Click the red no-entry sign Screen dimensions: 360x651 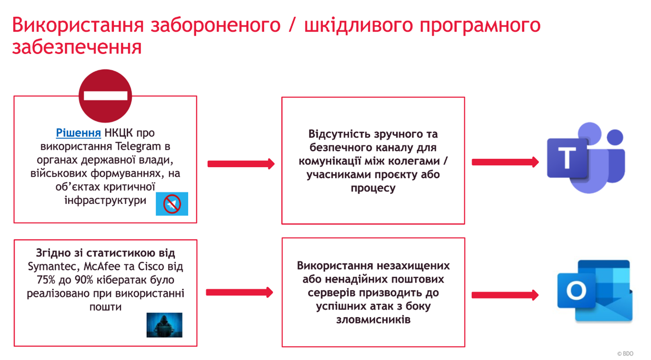click(x=105, y=96)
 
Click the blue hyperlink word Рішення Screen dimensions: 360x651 click(x=78, y=133)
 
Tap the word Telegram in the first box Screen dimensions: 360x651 click(x=138, y=146)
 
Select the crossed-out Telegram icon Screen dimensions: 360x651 click(x=172, y=204)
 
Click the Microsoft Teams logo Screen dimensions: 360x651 click(x=586, y=158)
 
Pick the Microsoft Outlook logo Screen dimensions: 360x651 click(x=594, y=291)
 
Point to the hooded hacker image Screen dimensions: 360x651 click(x=164, y=325)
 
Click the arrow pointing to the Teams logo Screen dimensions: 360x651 click(x=505, y=162)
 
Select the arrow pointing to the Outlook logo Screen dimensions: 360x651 click(x=505, y=295)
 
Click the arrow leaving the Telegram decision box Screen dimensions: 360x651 click(x=241, y=164)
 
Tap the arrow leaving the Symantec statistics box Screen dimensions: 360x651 click(x=240, y=292)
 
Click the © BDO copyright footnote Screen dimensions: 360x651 click(x=625, y=353)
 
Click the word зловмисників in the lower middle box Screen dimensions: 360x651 click(x=373, y=320)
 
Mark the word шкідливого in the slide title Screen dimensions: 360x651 click(x=358, y=25)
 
